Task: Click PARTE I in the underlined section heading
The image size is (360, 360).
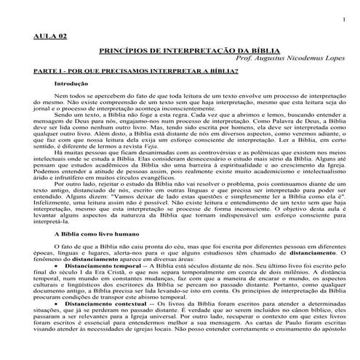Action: point(49,73)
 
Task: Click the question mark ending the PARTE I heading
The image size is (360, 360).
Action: point(237,73)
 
